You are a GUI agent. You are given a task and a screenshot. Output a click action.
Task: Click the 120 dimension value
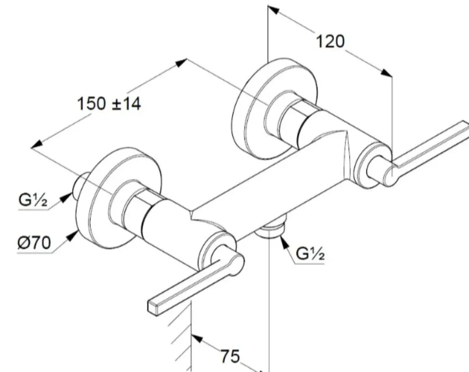[x=330, y=41]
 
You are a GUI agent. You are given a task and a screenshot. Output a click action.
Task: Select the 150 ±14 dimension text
[x=109, y=104]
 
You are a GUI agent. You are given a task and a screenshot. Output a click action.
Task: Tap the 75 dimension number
[x=230, y=356]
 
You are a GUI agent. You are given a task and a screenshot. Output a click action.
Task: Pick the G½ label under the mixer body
[x=310, y=254]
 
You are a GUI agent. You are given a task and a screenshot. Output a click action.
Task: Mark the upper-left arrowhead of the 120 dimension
[x=273, y=10]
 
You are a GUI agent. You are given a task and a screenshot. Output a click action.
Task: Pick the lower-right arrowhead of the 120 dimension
[x=387, y=73]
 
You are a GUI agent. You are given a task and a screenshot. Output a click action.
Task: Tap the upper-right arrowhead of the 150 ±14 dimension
[x=182, y=63]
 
